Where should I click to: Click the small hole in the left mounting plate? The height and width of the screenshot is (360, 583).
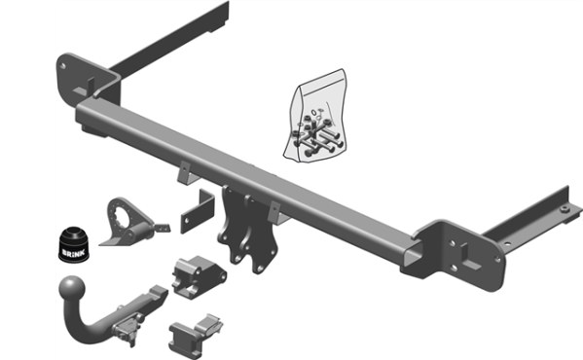(x=64, y=66)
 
